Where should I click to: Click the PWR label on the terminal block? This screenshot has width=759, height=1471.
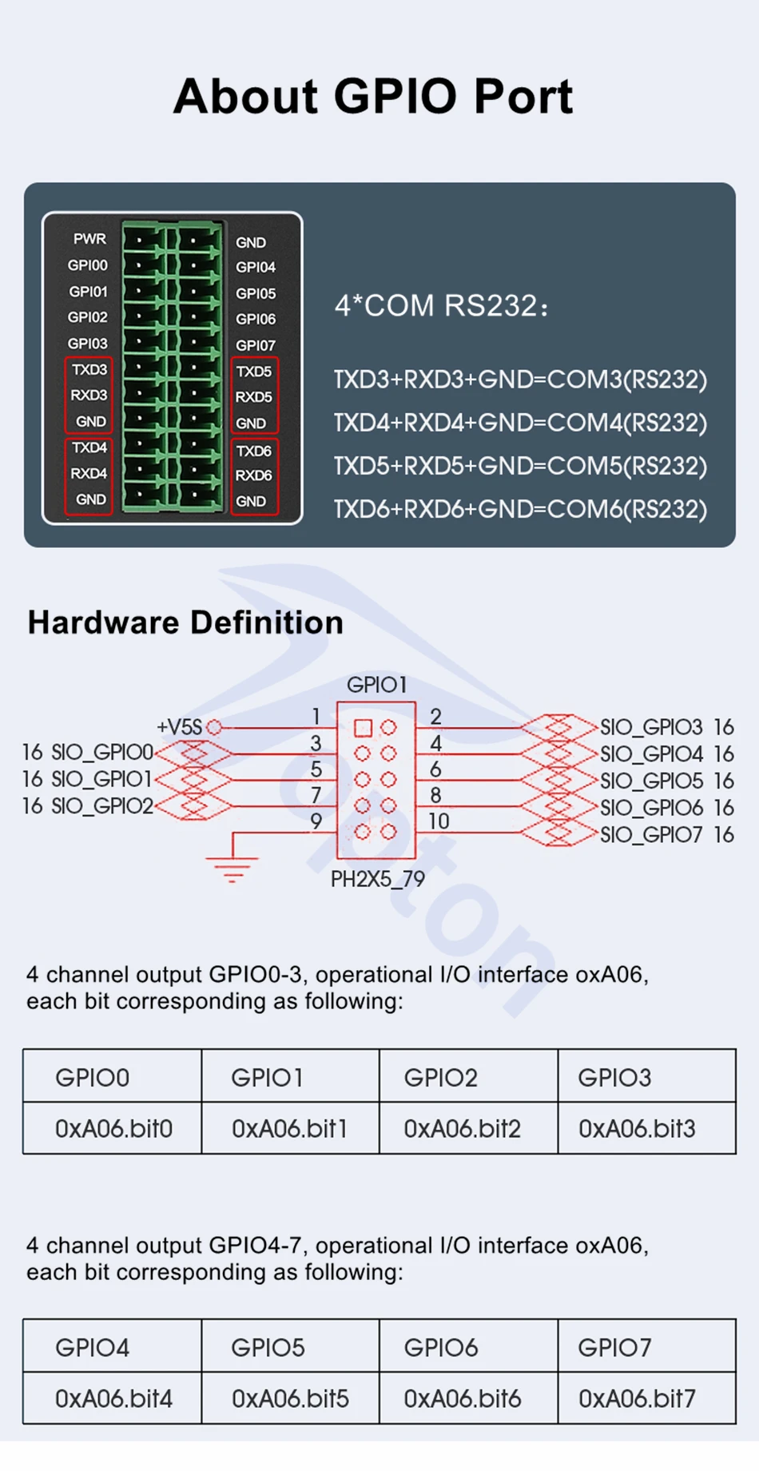[x=89, y=239]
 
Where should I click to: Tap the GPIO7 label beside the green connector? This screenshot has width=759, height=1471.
[x=255, y=345]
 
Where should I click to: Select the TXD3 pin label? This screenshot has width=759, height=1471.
[x=89, y=370]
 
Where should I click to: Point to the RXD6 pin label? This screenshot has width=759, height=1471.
[x=253, y=475]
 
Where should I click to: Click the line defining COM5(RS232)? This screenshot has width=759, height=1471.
[x=520, y=466]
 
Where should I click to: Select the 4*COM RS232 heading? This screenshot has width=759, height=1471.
[x=441, y=306]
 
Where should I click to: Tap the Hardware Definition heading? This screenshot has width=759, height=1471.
[x=185, y=622]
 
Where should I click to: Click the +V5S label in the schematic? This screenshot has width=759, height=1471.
[x=179, y=727]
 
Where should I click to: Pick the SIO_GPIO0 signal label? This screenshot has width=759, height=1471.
[x=101, y=752]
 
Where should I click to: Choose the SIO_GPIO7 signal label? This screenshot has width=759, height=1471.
[x=651, y=835]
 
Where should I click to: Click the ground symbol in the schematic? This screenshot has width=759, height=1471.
[x=232, y=867]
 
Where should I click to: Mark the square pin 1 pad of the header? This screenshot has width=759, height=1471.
[x=363, y=728]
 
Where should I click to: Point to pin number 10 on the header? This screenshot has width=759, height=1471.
[x=438, y=821]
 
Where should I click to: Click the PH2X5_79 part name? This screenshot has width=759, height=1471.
[x=378, y=880]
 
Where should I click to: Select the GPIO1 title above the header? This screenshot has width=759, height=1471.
[x=376, y=685]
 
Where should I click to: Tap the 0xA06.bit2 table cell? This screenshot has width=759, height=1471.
[x=462, y=1129]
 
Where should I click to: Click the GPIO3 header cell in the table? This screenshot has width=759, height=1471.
[x=614, y=1078]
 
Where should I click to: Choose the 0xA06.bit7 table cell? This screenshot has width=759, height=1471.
[x=637, y=1399]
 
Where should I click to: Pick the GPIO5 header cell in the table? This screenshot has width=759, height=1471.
[x=268, y=1348]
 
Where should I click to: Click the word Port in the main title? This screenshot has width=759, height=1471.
[x=523, y=97]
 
